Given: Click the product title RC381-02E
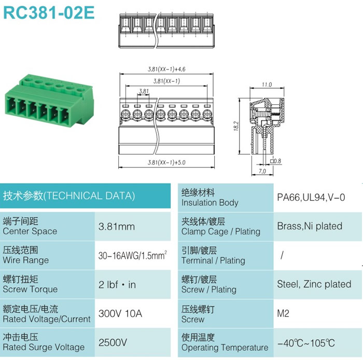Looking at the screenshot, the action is (x=49, y=12).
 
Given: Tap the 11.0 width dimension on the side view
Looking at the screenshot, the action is (x=267, y=85).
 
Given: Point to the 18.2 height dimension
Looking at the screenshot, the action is (x=236, y=126).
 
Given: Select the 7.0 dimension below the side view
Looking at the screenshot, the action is (x=262, y=171).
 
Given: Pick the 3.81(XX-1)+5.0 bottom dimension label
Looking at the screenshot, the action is (x=166, y=162).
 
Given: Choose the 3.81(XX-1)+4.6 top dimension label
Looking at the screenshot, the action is (x=166, y=69).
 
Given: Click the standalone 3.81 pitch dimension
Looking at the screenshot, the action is (x=144, y=91).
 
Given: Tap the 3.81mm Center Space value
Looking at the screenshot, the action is (x=117, y=226).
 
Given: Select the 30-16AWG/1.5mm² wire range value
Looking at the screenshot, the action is (x=133, y=255).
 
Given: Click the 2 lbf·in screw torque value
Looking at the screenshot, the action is (x=117, y=285).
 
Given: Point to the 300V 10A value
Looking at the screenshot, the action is (x=120, y=313).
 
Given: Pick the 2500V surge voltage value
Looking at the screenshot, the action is (x=113, y=342).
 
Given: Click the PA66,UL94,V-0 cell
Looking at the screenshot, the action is (x=311, y=197).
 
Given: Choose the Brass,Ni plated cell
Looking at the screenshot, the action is (x=310, y=226).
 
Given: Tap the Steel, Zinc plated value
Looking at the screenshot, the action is (x=314, y=284).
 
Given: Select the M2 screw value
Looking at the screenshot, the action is (x=283, y=313).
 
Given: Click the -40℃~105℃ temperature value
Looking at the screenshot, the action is (x=306, y=343).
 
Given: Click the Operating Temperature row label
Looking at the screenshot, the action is (x=225, y=348).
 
